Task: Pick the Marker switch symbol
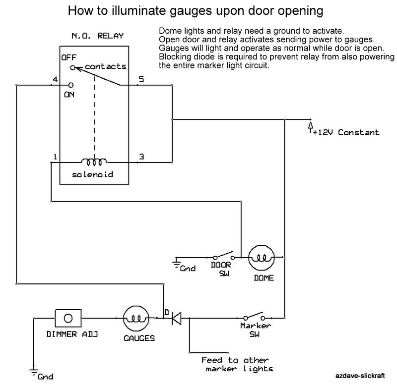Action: pyautogui.click(x=255, y=317)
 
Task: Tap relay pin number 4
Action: pyautogui.click(x=54, y=79)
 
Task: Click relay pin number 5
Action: pyautogui.click(x=141, y=79)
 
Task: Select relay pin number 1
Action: pyautogui.click(x=54, y=157)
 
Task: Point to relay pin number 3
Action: pyautogui.click(x=141, y=157)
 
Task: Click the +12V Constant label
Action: pyautogui.click(x=345, y=132)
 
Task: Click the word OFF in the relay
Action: pyautogui.click(x=69, y=57)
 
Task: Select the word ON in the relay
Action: pyautogui.click(x=69, y=95)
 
